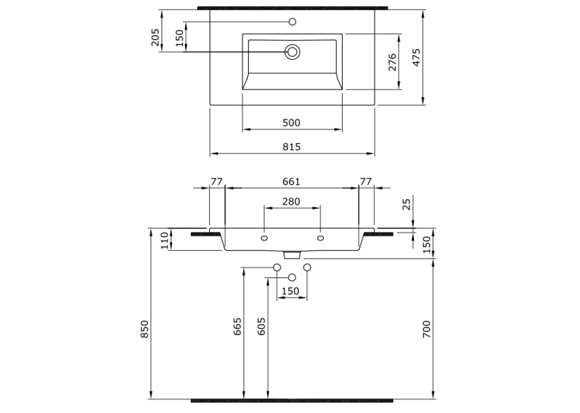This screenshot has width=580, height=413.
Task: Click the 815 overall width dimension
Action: click(x=292, y=147)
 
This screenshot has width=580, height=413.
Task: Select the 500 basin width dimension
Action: click(x=291, y=123)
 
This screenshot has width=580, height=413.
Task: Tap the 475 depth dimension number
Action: click(x=416, y=58)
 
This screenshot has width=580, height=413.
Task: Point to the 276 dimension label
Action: click(x=393, y=62)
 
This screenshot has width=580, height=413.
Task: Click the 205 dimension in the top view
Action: click(x=155, y=37)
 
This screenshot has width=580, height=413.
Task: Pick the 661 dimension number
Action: click(x=291, y=182)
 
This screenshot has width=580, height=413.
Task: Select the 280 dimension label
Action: click(x=291, y=202)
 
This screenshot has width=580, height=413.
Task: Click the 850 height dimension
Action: click(x=144, y=329)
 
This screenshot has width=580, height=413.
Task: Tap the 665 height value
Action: click(x=237, y=326)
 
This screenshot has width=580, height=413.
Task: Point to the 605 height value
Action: click(x=261, y=326)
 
